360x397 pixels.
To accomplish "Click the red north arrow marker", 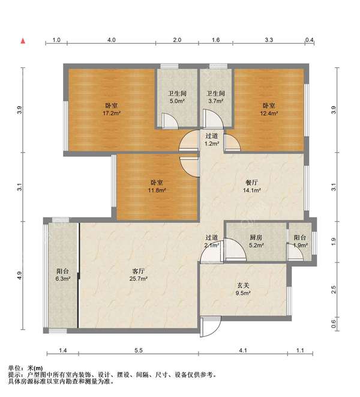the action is [23, 41].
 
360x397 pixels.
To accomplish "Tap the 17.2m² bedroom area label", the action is [112, 109].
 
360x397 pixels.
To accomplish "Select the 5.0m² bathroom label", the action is [177, 97].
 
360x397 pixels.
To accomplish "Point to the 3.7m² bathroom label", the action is [215, 97].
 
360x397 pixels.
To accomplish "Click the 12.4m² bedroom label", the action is [269, 109].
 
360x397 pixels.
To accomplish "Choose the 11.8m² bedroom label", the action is [157, 186].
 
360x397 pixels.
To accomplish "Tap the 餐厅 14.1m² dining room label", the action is [252, 186].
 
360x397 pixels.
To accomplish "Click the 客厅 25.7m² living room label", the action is [139, 275].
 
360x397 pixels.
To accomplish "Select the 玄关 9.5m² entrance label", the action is [243, 289].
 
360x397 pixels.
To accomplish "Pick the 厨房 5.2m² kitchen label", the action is [256, 241].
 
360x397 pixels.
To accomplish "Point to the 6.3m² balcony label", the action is [62, 275].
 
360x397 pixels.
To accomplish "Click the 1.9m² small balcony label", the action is [300, 241].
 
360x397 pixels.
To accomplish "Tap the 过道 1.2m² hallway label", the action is [212, 140].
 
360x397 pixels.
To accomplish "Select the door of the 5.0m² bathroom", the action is [170, 121].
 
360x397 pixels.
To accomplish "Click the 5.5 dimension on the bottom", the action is [139, 350].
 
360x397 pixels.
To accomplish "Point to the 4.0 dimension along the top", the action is [112, 40].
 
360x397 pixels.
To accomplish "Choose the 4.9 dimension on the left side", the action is [20, 276].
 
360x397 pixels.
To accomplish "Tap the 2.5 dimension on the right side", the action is [334, 289].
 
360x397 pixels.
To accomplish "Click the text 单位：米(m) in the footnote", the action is [25, 368].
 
